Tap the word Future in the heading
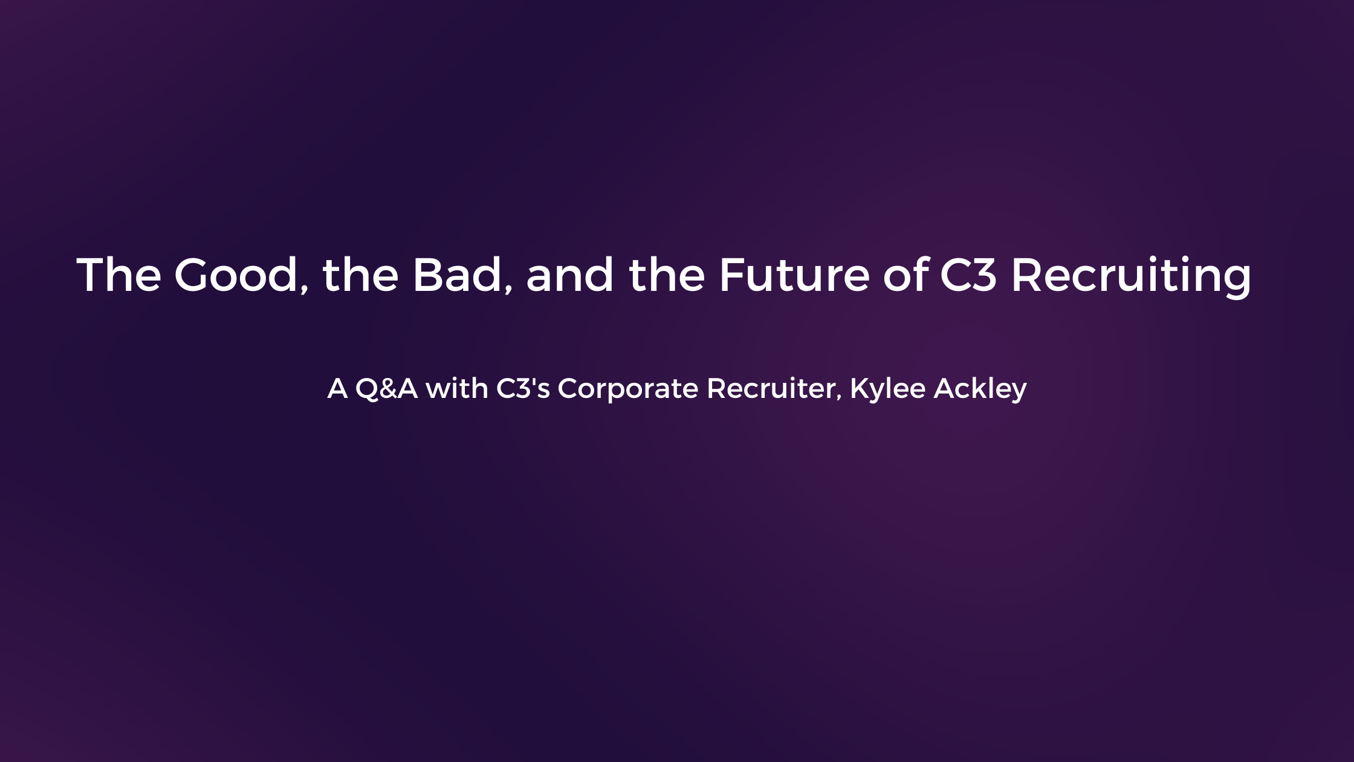click(794, 275)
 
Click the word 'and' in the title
click(569, 275)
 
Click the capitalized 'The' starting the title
click(118, 275)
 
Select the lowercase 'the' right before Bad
click(360, 275)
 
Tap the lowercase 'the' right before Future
click(667, 275)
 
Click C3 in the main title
click(968, 275)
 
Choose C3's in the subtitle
click(523, 388)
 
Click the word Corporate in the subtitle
click(627, 389)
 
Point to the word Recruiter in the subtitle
click(771, 388)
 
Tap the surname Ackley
click(980, 389)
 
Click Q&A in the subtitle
click(386, 388)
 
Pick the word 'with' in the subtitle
click(457, 388)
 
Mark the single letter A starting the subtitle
click(337, 388)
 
